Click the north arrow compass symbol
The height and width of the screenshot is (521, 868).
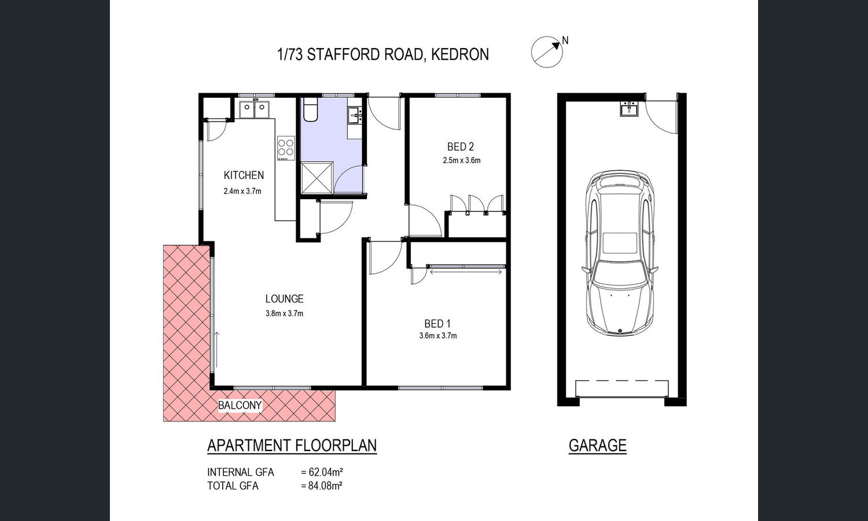click(x=547, y=52)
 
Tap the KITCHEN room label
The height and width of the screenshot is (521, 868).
click(x=244, y=175)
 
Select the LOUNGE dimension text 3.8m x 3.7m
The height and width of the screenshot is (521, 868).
click(x=285, y=313)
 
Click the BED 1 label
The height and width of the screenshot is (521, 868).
click(x=437, y=323)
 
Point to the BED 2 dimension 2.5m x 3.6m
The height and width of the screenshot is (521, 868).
click(x=462, y=160)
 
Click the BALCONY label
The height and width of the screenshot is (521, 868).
click(x=240, y=405)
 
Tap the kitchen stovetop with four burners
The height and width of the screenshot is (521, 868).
click(x=286, y=148)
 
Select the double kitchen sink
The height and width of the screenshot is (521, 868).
click(x=254, y=109)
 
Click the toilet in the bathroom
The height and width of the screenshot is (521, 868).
click(x=310, y=109)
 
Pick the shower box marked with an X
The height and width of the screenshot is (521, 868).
click(x=317, y=177)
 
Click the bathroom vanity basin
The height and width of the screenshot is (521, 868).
click(x=355, y=115)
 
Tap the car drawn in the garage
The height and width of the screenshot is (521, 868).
click(x=619, y=253)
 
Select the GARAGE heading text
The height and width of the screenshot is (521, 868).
click(x=598, y=445)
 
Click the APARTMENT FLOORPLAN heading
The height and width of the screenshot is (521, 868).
click(x=292, y=445)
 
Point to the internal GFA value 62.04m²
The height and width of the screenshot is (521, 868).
click(x=322, y=472)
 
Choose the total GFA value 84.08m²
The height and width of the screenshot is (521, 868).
click(x=322, y=485)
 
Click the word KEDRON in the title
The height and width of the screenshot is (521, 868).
click(x=460, y=54)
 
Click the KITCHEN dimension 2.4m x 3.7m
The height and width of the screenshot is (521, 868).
click(x=242, y=191)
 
